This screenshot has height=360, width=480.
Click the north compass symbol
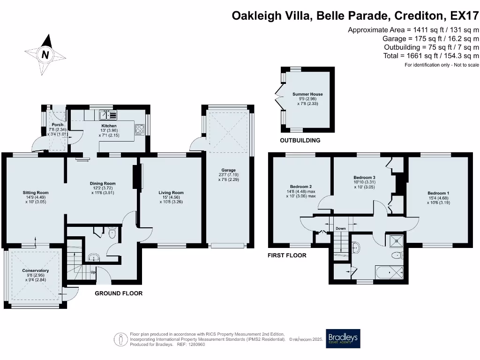coord(45,54)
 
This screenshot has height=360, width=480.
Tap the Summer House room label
coord(307,94)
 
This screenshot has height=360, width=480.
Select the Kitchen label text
coord(109,126)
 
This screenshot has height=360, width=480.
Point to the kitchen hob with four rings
coord(140,128)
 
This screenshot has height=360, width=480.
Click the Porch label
coord(58,125)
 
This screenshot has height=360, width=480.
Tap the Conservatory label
coord(35,270)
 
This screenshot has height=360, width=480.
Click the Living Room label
coord(171,193)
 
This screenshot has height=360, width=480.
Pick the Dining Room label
coord(103,184)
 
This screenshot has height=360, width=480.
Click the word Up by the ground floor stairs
coord(93,272)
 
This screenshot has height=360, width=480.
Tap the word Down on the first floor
coord(341,228)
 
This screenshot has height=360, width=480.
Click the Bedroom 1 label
coord(438,193)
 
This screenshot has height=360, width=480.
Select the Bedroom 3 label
coord(364,178)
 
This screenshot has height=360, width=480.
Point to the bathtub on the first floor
coord(389,272)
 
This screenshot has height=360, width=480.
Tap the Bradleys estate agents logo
coord(343,338)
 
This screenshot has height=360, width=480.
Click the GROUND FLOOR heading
coord(119,293)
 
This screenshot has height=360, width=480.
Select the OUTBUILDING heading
coord(300,140)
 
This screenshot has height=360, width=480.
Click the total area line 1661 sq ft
coord(431,56)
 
